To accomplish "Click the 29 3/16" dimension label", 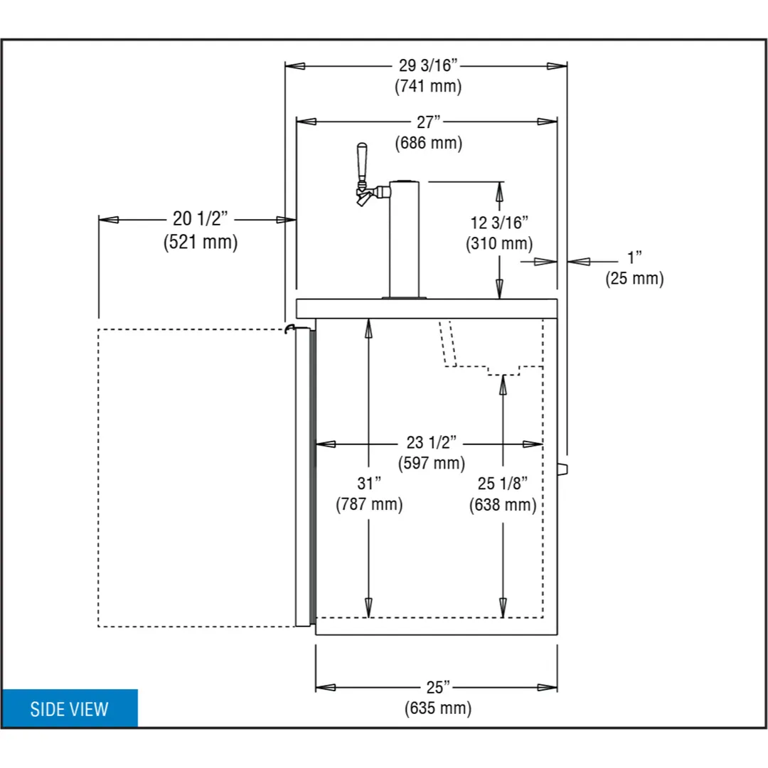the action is coord(427,65).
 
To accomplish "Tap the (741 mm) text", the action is coord(428,86).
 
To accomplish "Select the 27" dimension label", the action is coord(429,122).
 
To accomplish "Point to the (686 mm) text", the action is coord(429,143).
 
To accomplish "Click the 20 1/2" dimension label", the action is coord(201,218).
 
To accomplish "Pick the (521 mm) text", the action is coord(201,242).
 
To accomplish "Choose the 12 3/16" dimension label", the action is coord(499,223).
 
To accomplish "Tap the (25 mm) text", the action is coord(634,279).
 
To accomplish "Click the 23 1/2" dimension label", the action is coord(431,442).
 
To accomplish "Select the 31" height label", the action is coord(369,484).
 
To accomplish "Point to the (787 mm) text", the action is coord(369,504).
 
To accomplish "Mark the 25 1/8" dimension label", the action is coord(503,484).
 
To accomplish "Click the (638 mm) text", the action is coord(503,505).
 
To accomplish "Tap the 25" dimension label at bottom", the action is coord(437,687).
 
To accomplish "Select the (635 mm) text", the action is coord(438,708).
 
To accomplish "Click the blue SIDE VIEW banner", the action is coord(70,708).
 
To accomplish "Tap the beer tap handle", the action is coord(362,163).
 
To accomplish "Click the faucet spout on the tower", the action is coord(363,199).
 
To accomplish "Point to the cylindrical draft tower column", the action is coord(404,239).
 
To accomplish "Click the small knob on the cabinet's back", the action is coord(562,469).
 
